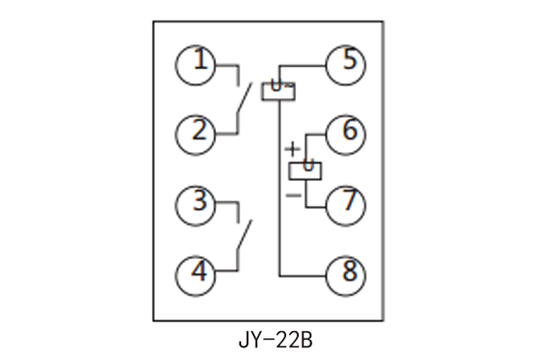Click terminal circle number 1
195,65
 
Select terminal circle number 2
195,133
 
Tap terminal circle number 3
195,202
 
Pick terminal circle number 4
195,271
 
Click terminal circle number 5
346,65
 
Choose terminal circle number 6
346,133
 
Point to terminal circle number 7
346,202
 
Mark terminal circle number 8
346,271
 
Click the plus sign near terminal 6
292,147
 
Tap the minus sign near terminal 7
292,193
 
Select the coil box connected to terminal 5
278,90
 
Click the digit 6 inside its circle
347,132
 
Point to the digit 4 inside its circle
195,271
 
